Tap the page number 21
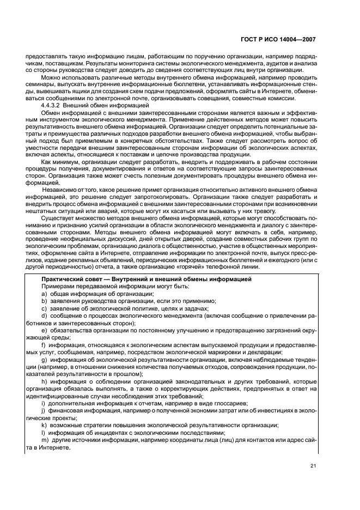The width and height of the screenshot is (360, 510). [x=312, y=465]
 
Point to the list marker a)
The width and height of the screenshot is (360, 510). [x=44, y=294]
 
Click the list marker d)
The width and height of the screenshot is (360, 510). [x=44, y=315]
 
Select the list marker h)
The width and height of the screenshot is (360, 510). [x=44, y=381]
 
